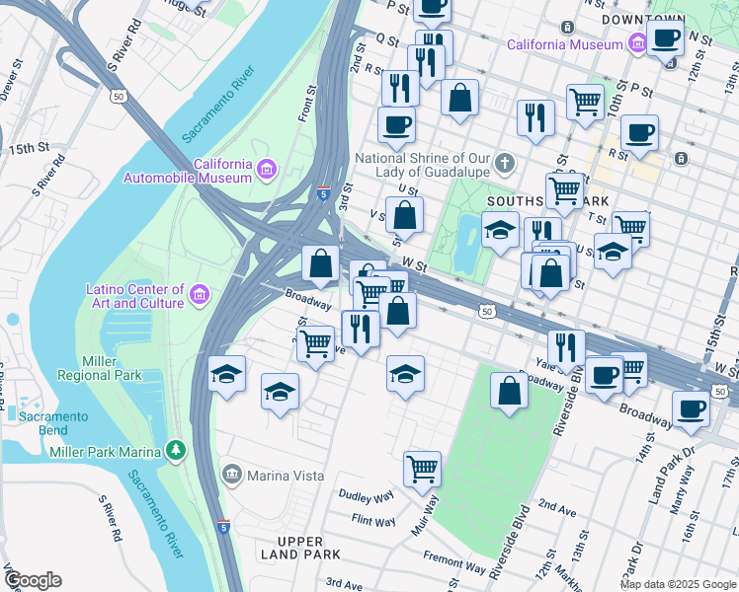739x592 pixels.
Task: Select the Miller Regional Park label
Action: click(99, 368)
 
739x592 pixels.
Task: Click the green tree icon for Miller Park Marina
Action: click(176, 450)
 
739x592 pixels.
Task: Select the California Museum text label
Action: click(564, 44)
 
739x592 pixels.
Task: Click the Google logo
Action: click(33, 580)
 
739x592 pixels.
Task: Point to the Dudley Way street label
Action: click(367, 494)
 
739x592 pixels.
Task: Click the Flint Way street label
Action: click(372, 520)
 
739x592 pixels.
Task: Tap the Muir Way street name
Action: click(431, 514)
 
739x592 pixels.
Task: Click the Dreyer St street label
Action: click(14, 81)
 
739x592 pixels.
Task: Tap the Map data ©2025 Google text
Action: click(679, 584)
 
